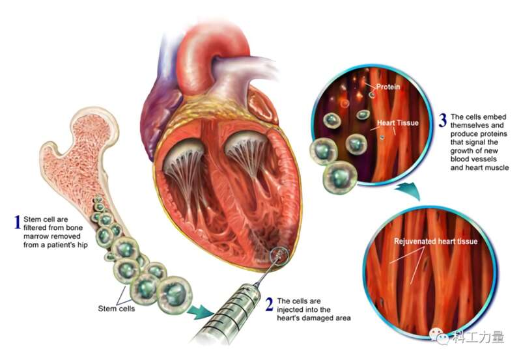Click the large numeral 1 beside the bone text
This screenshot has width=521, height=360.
coord(18,223)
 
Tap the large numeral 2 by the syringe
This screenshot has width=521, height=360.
coord(270,305)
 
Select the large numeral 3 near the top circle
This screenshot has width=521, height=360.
coord(442,120)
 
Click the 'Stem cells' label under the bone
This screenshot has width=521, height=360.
coord(117,309)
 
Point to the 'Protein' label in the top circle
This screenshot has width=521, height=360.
coord(387,87)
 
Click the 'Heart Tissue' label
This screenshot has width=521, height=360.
coord(398,123)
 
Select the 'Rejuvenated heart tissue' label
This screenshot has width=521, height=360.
coord(436,242)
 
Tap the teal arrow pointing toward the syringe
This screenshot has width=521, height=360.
coord(201,312)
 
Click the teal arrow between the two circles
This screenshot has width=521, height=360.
coord(408,191)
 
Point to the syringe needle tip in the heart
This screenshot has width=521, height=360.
coord(280,255)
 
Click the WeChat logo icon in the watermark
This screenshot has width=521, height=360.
coord(438,337)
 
